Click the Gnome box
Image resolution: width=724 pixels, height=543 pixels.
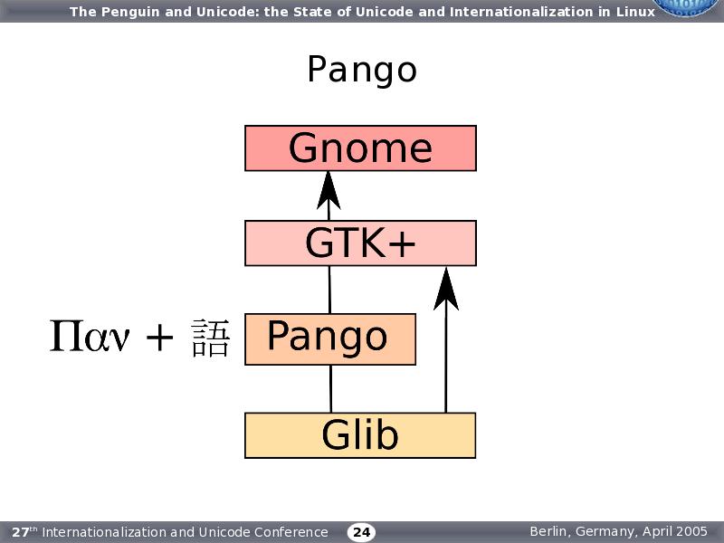360,148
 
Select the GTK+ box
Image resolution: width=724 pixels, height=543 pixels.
360,243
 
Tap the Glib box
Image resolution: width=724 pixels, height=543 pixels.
360,435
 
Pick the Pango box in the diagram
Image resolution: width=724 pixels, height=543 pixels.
329,338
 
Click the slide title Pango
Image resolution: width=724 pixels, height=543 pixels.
361,70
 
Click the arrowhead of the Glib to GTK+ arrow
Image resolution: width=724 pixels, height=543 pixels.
445,287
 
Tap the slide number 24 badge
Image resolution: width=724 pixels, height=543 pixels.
361,532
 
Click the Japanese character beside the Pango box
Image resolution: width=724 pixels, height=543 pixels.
211,338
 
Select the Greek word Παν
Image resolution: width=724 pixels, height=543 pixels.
90,338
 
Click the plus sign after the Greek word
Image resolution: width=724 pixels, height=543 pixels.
159,338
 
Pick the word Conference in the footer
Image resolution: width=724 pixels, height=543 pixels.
292,532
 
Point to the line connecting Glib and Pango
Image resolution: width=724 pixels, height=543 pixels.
330,389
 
